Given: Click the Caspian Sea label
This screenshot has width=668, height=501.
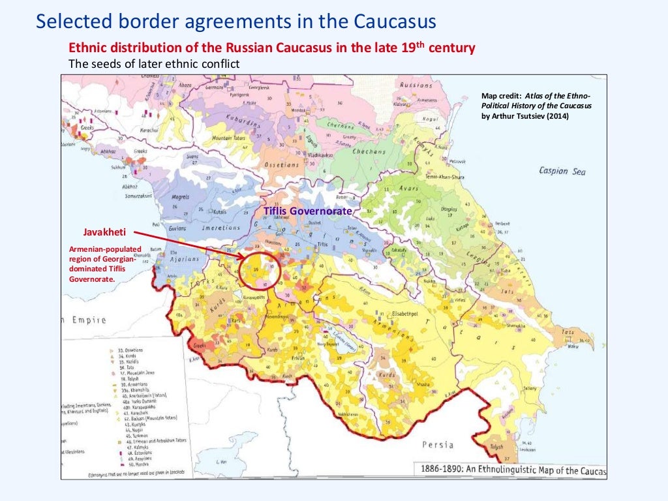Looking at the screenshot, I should pos(562,171).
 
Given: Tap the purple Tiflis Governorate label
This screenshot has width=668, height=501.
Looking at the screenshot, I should pos(307,211).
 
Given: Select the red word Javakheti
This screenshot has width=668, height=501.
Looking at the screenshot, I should pos(104,232).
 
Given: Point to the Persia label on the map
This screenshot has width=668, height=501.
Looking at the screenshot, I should pos(436,445).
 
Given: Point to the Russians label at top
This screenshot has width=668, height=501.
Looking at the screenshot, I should pos(416,85).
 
